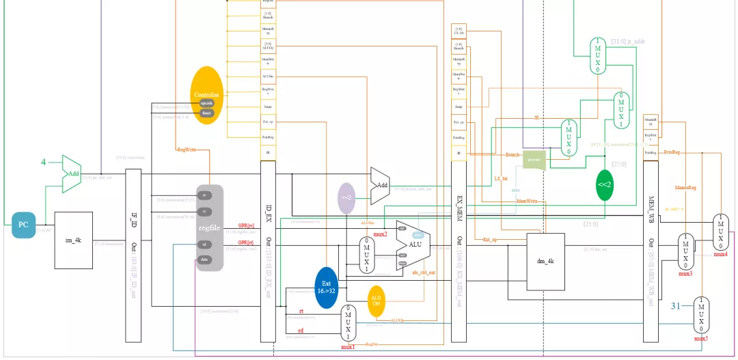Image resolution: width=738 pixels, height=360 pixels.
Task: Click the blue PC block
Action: [23, 225]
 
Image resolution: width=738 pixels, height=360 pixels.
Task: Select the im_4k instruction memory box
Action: [73, 240]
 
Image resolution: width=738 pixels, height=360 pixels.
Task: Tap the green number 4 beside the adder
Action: [43, 163]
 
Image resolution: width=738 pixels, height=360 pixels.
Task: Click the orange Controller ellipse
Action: [206, 95]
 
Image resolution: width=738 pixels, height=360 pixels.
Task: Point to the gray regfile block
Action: [210, 227]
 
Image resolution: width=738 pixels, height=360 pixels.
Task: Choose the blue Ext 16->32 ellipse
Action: [326, 286]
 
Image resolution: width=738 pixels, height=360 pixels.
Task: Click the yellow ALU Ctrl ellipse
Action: [376, 301]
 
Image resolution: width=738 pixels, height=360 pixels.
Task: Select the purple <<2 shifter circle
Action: [346, 197]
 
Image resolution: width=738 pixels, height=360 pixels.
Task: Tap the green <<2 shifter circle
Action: [604, 185]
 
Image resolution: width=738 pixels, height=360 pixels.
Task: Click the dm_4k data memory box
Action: [545, 261]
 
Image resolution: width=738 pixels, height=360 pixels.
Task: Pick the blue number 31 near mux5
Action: [677, 305]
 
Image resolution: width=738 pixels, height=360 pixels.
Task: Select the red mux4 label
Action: [720, 254]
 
